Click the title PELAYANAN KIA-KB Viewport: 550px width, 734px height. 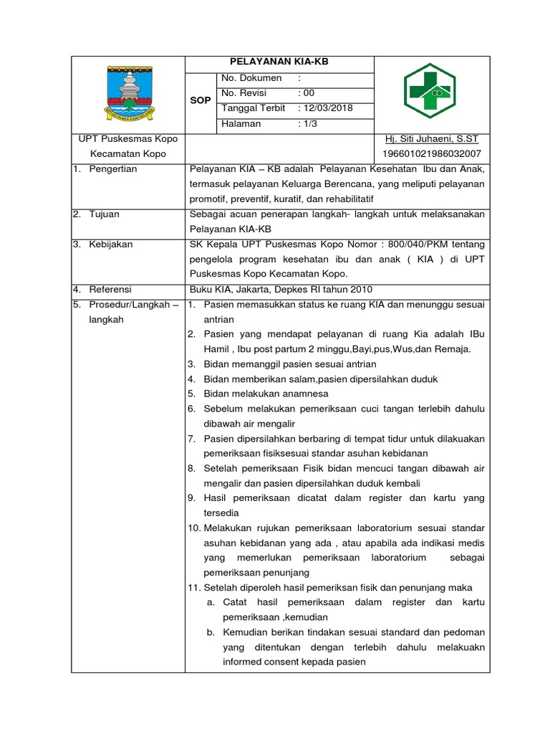279,62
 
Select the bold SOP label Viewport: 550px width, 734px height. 200,100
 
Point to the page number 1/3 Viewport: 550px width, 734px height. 309,123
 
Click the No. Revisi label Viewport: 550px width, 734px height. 248,93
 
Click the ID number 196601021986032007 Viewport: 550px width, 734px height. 432,154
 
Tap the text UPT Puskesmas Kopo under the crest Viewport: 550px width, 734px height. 128,138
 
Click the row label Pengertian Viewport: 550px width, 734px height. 112,169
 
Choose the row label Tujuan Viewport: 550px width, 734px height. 104,214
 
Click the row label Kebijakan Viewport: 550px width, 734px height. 110,244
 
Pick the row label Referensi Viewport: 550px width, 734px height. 110,290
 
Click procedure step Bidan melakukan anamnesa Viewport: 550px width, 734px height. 266,394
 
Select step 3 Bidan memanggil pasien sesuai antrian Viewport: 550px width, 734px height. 289,364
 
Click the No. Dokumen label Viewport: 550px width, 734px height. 251,77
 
